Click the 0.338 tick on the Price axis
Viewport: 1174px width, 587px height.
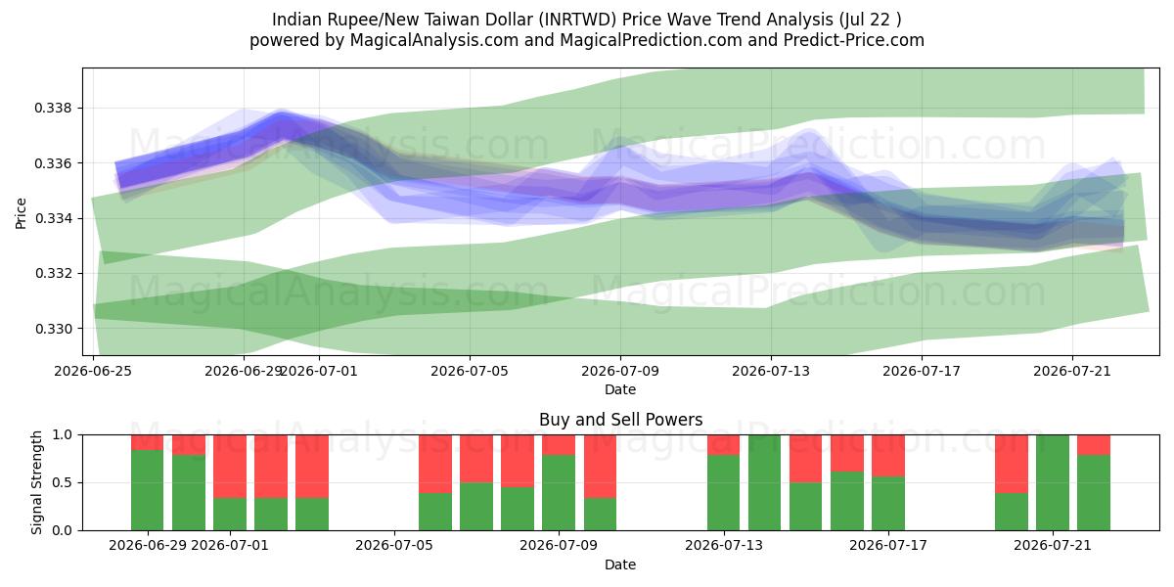[52, 109]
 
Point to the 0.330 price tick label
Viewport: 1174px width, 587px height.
[52, 329]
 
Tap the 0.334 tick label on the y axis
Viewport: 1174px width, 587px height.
[52, 218]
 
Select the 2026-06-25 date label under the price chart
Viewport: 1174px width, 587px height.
[93, 371]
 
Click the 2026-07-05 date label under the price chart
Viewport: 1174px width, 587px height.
[470, 371]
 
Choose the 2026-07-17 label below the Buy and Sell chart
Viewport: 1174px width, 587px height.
[888, 545]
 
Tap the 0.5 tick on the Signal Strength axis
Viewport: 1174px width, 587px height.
[63, 482]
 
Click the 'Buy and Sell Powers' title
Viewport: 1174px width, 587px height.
[620, 420]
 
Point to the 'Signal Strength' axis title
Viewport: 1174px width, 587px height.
[36, 482]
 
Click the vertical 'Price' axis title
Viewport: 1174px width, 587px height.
[21, 213]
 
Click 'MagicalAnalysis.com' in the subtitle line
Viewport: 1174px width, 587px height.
[434, 40]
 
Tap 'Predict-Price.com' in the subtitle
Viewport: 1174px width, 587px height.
[854, 40]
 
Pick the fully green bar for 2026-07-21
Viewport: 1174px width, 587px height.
[1053, 482]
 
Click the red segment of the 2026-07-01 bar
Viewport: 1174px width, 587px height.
[230, 466]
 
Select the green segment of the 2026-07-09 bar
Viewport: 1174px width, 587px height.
[559, 492]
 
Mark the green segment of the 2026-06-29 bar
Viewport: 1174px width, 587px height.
[148, 489]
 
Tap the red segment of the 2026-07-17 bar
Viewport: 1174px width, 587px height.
[888, 456]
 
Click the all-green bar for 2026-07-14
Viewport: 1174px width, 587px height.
[765, 482]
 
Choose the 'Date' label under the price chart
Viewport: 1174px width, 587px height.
[620, 389]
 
